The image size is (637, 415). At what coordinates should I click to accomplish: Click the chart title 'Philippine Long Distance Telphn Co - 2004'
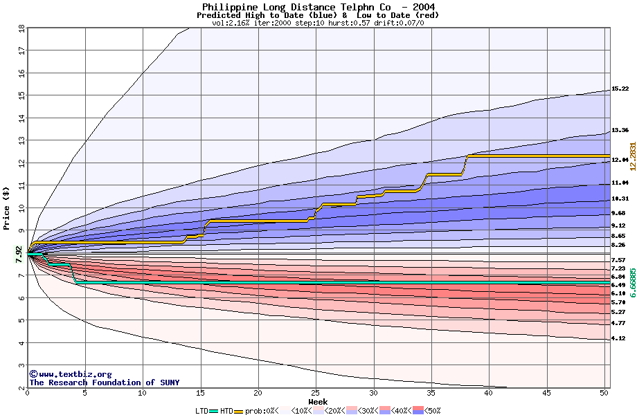pos(318,7)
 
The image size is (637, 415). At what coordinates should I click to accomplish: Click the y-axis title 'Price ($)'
pos(7,207)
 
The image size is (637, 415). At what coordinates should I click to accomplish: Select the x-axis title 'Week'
pos(318,402)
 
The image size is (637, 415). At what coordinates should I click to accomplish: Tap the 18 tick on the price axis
pos(21,28)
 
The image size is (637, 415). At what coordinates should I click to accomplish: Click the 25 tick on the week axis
pos(316,393)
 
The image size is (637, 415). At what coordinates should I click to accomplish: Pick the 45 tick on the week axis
pos(546,393)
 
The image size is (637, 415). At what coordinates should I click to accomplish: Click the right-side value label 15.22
pos(620,89)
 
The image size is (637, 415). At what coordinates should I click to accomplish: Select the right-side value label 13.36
pos(620,130)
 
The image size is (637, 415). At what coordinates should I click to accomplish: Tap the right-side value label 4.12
pos(618,338)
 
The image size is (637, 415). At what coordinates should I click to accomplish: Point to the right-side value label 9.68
pos(618,213)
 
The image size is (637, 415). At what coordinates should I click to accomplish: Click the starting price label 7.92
pos(19,254)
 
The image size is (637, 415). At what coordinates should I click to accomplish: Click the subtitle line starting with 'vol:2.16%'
pos(318,23)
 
